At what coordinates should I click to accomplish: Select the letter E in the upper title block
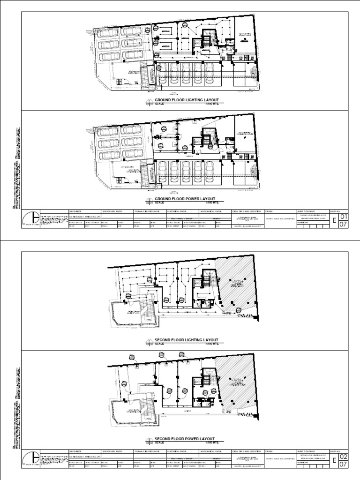point(334,221)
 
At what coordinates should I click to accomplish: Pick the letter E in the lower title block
point(334,460)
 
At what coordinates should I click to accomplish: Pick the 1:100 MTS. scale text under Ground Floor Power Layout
point(211,203)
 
